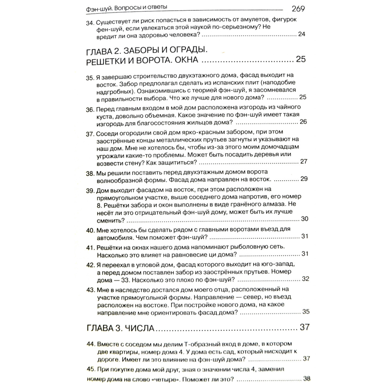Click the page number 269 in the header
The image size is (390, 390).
[298, 8]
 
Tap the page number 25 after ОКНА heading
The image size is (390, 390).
[301, 59]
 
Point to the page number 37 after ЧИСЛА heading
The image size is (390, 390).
[305, 327]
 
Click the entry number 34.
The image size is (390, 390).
[90, 23]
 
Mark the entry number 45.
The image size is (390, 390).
[91, 370]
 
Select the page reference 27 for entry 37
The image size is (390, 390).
[304, 162]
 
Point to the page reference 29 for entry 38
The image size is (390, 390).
[304, 179]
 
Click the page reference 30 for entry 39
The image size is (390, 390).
[305, 219]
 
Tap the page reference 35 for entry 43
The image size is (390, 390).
[306, 312]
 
